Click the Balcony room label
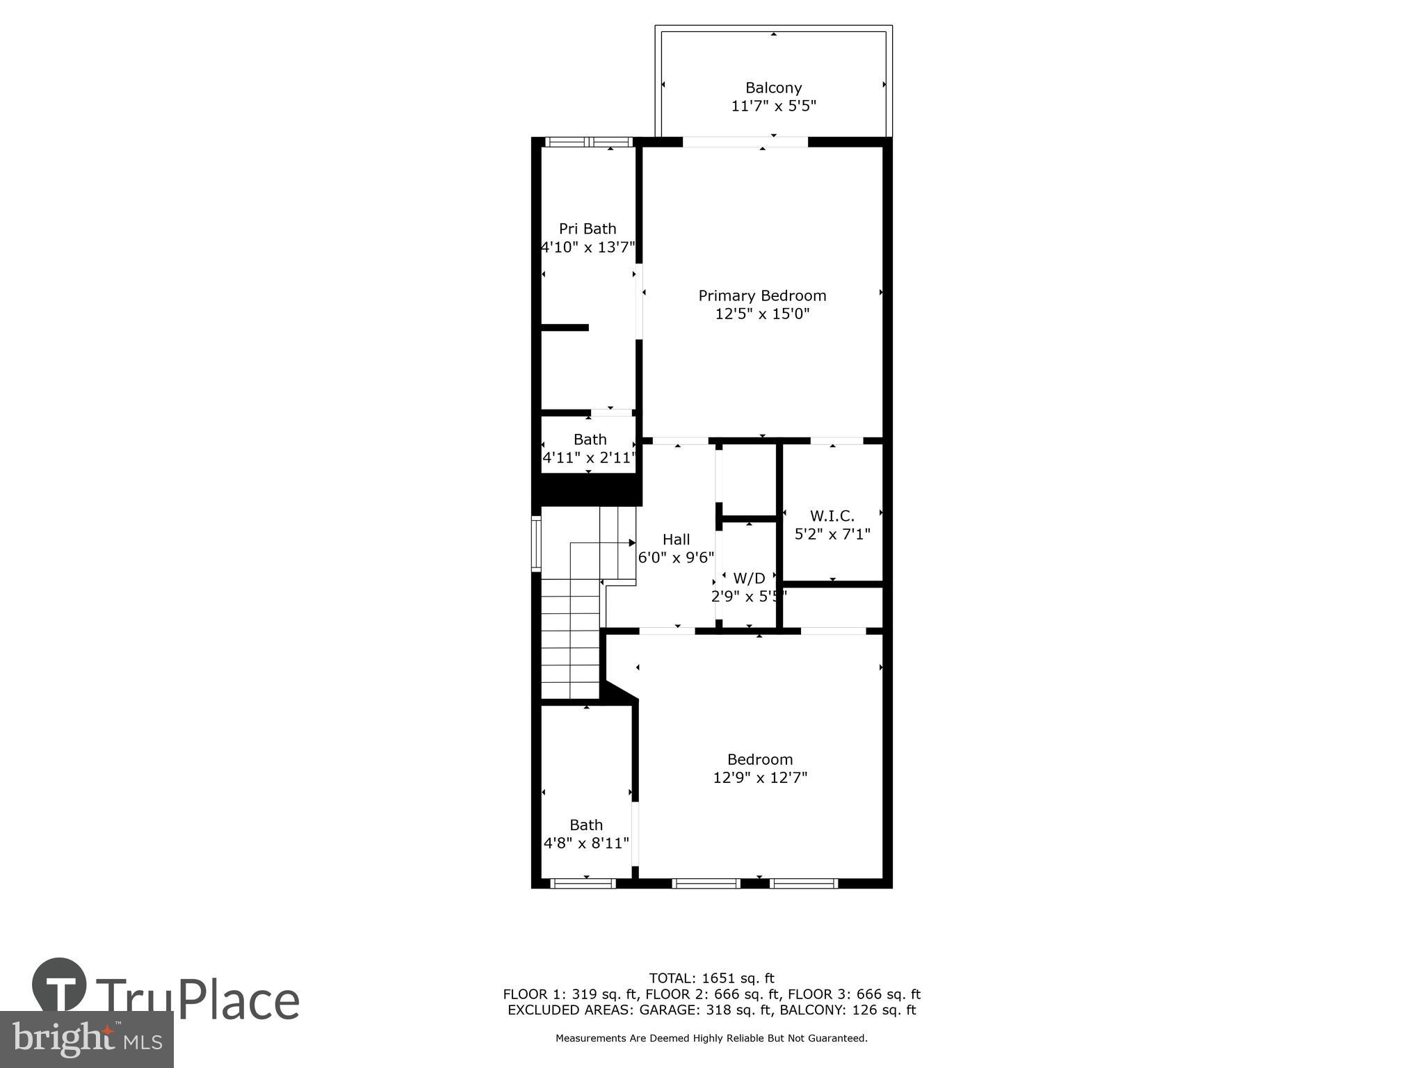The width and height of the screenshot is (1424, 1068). [773, 88]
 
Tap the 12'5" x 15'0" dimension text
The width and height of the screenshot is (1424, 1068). [762, 314]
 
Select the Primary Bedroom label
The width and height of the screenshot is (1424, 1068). [762, 296]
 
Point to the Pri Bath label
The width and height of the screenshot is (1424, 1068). [588, 229]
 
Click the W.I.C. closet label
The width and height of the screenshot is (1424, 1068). [832, 516]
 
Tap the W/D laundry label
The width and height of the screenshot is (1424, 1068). [749, 578]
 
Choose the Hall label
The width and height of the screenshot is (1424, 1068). [676, 540]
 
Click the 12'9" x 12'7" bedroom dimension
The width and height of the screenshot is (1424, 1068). [760, 777]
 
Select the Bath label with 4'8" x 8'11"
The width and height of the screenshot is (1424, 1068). [586, 825]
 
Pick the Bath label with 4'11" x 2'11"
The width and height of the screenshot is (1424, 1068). [590, 439]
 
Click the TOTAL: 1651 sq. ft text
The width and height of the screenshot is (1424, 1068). [711, 978]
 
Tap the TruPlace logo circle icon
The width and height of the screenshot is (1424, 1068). [59, 985]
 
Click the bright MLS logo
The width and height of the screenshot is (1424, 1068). [86, 1039]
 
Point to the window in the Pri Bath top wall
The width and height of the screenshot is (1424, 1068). [588, 142]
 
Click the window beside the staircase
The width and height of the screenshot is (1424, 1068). [536, 543]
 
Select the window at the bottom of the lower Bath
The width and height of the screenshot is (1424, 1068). [583, 884]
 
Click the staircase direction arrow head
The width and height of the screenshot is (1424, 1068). [632, 542]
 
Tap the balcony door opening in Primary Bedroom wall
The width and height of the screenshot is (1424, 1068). [745, 142]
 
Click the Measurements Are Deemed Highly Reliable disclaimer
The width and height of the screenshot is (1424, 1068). [711, 1038]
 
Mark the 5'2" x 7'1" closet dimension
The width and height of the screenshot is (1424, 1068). [832, 534]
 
